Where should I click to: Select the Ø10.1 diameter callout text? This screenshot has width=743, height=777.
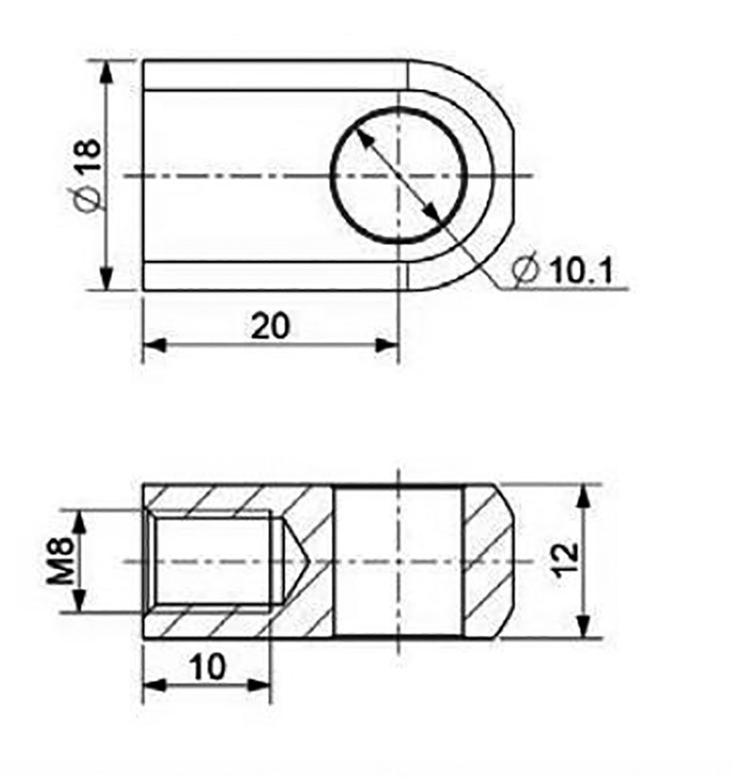pos(562,270)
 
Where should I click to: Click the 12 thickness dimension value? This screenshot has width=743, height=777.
pos(566,561)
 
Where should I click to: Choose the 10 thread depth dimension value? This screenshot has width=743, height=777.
pos(207,667)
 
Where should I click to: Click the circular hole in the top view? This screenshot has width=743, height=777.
pos(397,176)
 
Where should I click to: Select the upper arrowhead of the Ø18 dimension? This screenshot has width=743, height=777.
pos(107,71)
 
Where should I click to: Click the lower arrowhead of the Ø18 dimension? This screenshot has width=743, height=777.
pos(107,278)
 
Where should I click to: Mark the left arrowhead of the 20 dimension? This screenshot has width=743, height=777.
pos(155,345)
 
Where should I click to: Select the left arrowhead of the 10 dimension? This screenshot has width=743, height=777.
pos(155,685)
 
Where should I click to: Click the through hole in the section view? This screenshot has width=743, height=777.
pos(397,562)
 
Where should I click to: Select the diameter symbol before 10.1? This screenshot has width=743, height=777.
pos(525,271)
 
